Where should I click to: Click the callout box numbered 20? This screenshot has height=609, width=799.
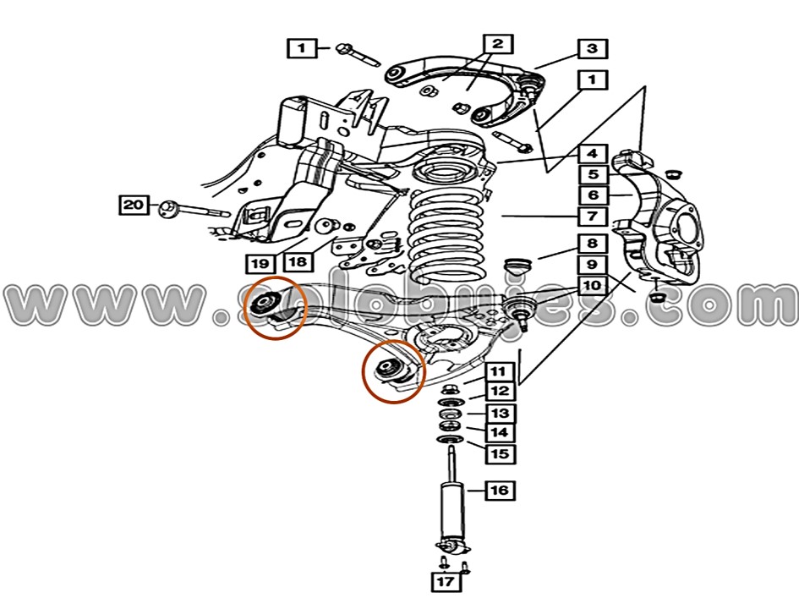coord(134,205)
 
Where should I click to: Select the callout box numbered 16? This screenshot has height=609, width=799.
coord(499,490)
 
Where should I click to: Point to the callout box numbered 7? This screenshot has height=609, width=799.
coord(593,216)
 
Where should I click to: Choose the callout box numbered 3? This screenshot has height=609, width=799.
coord(592,48)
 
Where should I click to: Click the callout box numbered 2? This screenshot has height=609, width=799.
coord(497,44)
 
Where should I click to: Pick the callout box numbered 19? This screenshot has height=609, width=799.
coord(260,263)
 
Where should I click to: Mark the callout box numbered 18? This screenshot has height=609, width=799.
coord(296,261)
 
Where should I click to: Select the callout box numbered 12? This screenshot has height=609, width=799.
coord(499,392)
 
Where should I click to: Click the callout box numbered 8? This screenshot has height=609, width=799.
coord(593,244)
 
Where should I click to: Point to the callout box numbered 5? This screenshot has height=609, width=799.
coord(593,175)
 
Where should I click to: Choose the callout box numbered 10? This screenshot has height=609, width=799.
coord(593,285)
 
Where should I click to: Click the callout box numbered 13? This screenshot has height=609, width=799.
coord(499,413)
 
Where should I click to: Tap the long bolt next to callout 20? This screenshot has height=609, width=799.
coord(196,209)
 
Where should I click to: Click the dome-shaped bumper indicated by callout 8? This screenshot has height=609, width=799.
coord(516,266)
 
